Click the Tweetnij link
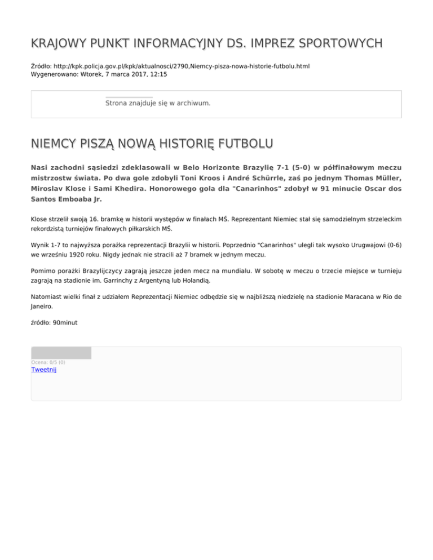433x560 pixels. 44,370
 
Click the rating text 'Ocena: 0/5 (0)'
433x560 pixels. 48,362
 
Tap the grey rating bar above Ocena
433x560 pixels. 61,353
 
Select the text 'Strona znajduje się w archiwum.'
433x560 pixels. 158,104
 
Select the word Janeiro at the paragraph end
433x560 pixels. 45,307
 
